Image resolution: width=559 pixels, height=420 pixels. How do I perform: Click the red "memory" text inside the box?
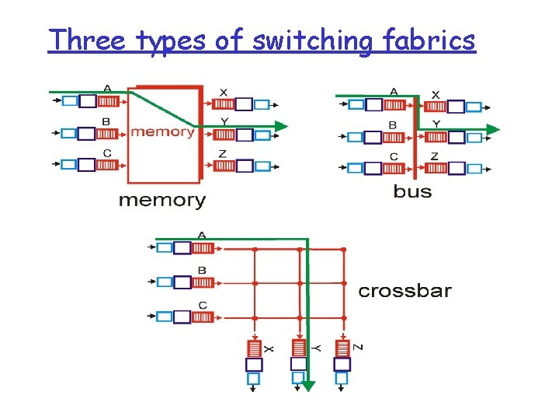pos(163,131)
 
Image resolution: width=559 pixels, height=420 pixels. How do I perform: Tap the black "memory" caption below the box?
pos(162,201)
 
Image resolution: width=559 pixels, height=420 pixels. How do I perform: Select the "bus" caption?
pos(412,191)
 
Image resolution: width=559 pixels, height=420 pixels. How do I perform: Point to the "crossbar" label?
pos(404,292)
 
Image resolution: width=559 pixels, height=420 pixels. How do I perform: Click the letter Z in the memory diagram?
pos(223,154)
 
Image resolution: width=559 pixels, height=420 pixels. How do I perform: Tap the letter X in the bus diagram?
pos(435,94)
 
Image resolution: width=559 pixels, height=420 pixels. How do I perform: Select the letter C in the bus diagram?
pos(393,156)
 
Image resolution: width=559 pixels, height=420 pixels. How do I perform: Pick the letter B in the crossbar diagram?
pos(202,271)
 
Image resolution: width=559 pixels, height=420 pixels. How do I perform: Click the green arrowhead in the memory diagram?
pos(281,126)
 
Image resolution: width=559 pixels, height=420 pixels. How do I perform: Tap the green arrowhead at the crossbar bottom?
pos(308,384)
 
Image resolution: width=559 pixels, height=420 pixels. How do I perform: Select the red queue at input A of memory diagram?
pos(108,101)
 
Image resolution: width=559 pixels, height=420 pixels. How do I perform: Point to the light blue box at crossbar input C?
pos(164,317)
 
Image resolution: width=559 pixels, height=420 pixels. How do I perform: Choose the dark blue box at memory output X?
pos(244,104)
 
